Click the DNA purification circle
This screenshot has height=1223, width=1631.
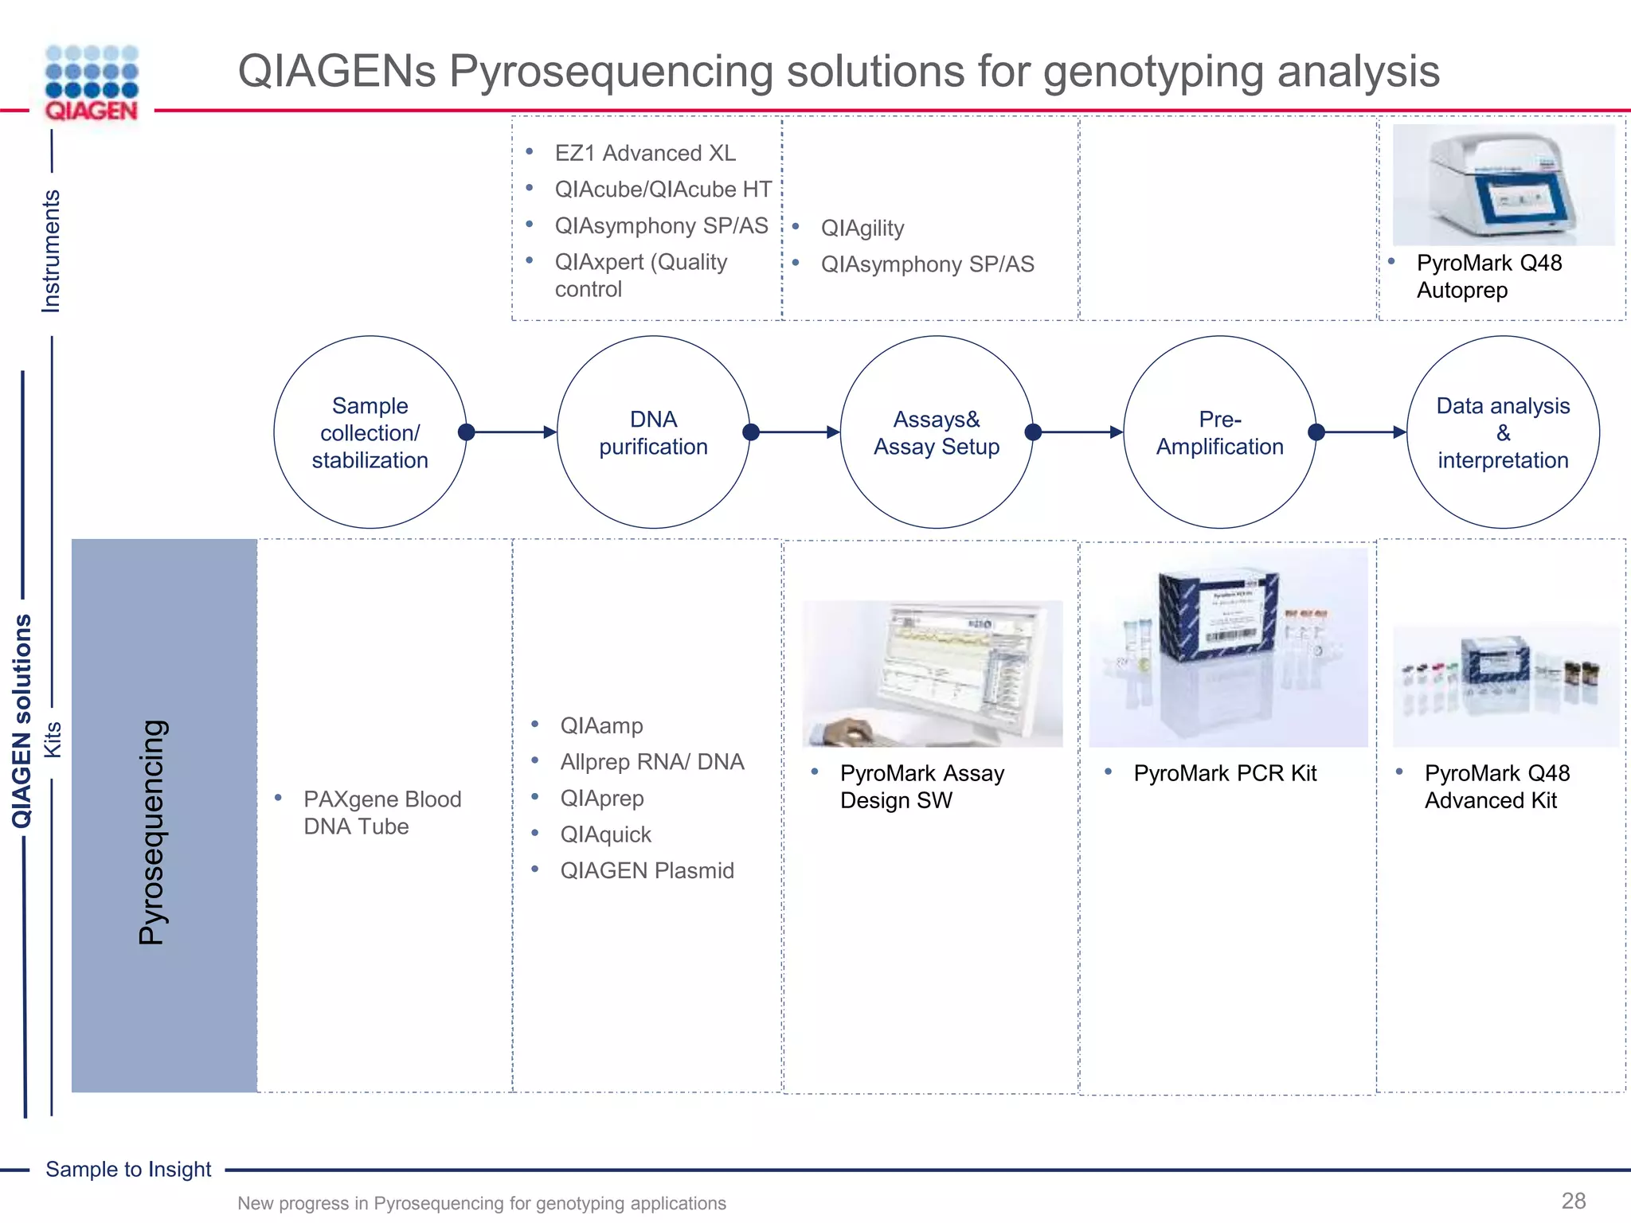pyautogui.click(x=653, y=432)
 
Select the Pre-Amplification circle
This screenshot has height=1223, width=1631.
pyautogui.click(x=1219, y=432)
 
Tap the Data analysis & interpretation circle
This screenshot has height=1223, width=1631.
pyautogui.click(x=1503, y=432)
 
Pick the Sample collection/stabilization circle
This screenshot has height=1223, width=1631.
pyautogui.click(x=370, y=432)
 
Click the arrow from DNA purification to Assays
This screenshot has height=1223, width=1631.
pyautogui.click(x=795, y=432)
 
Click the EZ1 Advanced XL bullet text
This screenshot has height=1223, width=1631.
pyautogui.click(x=644, y=153)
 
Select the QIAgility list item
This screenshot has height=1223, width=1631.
pyautogui.click(x=862, y=229)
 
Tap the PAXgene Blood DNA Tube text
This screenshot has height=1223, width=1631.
pyautogui.click(x=381, y=813)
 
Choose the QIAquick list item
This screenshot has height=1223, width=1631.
pyautogui.click(x=605, y=834)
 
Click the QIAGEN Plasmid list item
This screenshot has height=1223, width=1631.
pyautogui.click(x=647, y=870)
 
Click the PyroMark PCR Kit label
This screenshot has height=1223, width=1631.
pyautogui.click(x=1225, y=773)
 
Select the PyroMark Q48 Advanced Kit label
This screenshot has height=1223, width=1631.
pyautogui.click(x=1496, y=787)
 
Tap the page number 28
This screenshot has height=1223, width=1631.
pyautogui.click(x=1573, y=1201)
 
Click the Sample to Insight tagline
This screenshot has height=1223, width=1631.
pyautogui.click(x=128, y=1169)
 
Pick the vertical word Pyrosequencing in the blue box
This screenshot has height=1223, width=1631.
pyautogui.click(x=151, y=832)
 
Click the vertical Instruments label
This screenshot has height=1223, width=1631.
pyautogui.click(x=51, y=251)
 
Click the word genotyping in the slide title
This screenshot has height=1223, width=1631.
pyautogui.click(x=1152, y=72)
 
